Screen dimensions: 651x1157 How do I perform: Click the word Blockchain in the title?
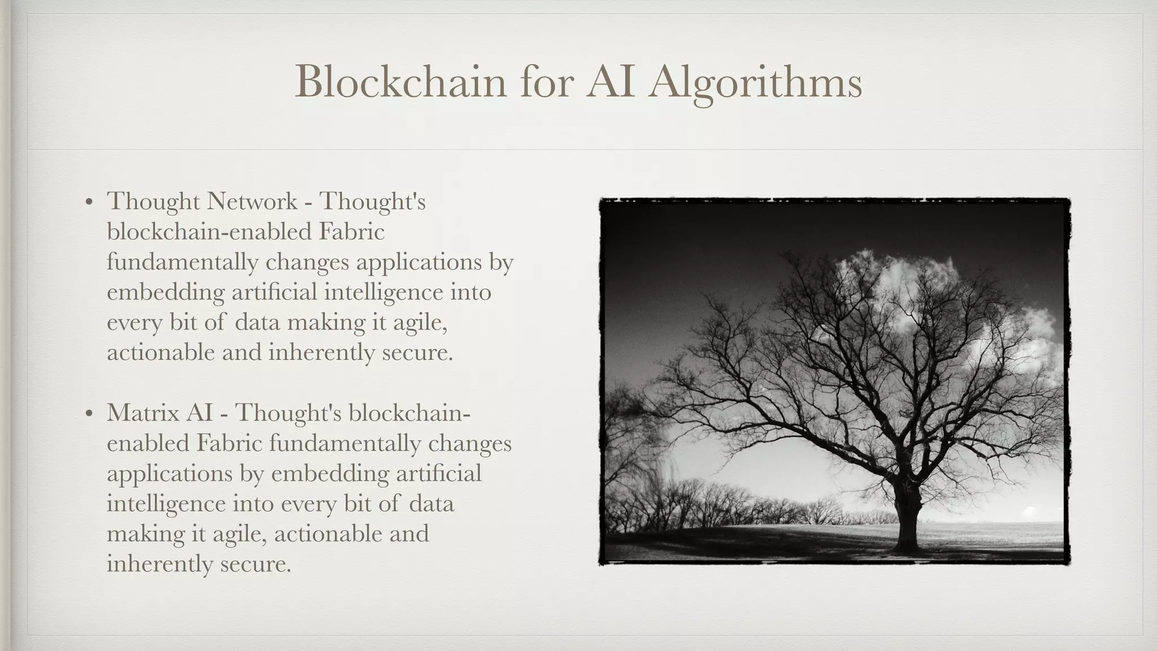pyautogui.click(x=401, y=82)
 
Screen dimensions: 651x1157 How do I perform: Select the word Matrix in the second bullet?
pyautogui.click(x=143, y=413)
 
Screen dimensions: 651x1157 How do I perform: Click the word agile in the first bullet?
pyautogui.click(x=418, y=323)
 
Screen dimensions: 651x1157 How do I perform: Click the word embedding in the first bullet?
pyautogui.click(x=166, y=292)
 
